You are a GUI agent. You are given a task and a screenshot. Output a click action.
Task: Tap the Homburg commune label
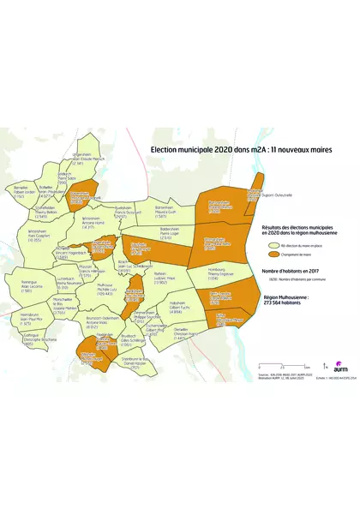click(x=220, y=277)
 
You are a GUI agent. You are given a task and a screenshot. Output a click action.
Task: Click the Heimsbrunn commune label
click(x=22, y=320)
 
